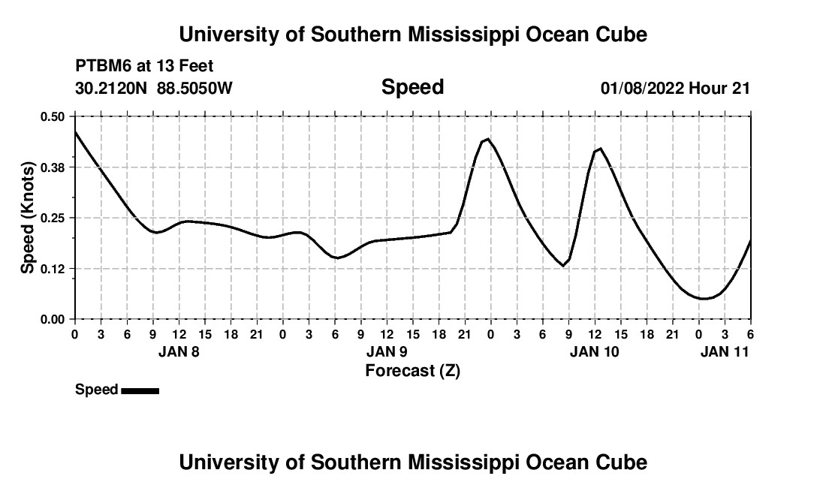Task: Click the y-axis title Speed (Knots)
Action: pos(27,218)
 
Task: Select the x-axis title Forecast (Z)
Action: pos(412,370)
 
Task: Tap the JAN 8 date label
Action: pos(179,351)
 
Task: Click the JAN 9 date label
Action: pos(387,351)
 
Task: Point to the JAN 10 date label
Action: pos(595,351)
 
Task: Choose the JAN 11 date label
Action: pos(725,351)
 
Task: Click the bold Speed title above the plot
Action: pos(412,87)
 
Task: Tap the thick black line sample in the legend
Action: pos(140,390)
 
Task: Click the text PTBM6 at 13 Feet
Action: pos(144,66)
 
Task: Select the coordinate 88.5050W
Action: pos(194,89)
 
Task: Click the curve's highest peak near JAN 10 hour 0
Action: pos(488,139)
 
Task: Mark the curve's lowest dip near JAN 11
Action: pos(703,299)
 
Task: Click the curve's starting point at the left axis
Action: pos(75,131)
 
